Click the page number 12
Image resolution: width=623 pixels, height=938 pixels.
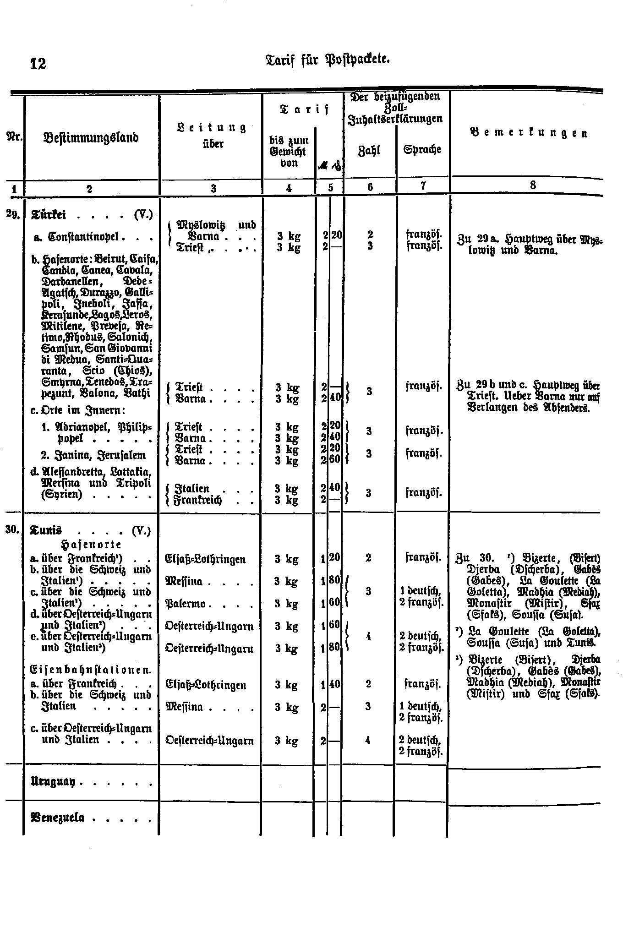click(x=38, y=63)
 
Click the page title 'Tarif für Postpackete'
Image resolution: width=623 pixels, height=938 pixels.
click(x=328, y=59)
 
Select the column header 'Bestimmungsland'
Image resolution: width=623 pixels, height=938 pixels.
click(x=91, y=137)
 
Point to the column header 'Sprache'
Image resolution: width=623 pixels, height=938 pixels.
click(x=422, y=149)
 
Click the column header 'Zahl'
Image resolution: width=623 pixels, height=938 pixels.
click(x=369, y=150)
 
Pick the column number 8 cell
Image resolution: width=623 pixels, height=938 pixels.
click(x=532, y=185)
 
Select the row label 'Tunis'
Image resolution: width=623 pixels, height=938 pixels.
click(x=46, y=530)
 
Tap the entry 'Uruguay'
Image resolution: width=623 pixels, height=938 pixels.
click(x=53, y=781)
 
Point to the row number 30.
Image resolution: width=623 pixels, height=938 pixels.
click(x=11, y=530)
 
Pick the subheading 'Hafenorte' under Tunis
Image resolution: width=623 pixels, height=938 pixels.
click(x=90, y=545)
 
